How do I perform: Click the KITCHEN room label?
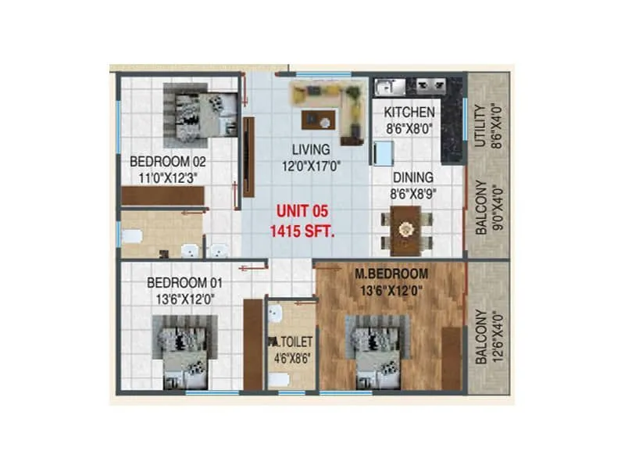[409, 113]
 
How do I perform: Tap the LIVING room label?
[311, 149]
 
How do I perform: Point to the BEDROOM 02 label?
[167, 162]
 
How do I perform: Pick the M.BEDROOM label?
[391, 274]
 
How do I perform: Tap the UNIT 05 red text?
[301, 211]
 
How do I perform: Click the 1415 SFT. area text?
[302, 231]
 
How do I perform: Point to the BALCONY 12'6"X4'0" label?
[487, 336]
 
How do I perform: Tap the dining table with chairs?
[405, 231]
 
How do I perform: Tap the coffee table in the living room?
[318, 120]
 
